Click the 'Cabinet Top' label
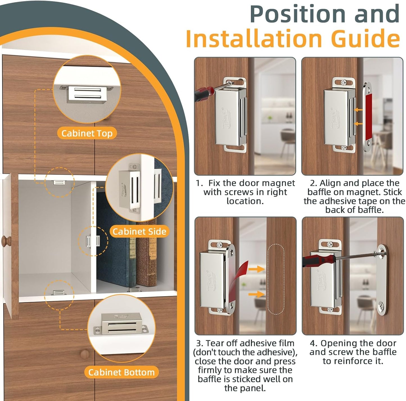coord(87,133)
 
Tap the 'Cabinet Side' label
coord(139,232)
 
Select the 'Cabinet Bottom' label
coord(121,372)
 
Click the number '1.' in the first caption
coord(199,183)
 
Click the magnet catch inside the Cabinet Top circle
coord(87,94)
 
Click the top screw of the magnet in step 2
coord(344,83)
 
